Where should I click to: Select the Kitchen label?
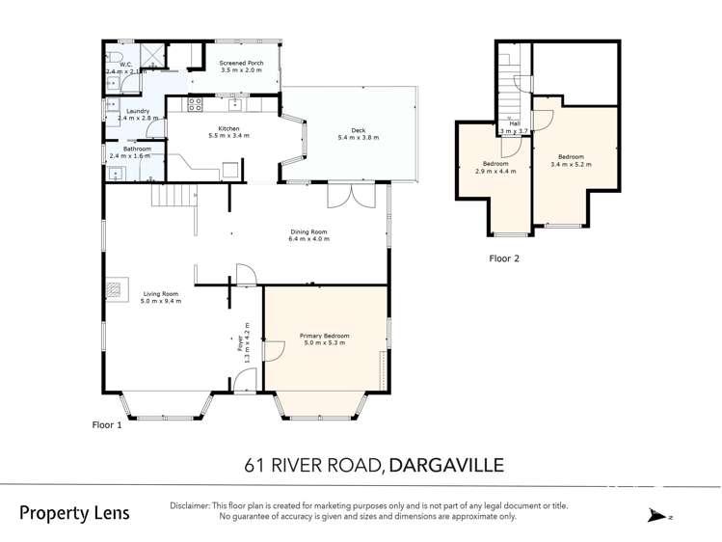pyautogui.click(x=228, y=129)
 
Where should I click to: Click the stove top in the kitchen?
pyautogui.click(x=195, y=104)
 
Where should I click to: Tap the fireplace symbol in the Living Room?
pyautogui.click(x=115, y=287)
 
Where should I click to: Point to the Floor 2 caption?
pyautogui.click(x=504, y=258)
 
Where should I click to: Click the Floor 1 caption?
pyautogui.click(x=106, y=424)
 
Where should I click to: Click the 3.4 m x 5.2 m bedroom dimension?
pyautogui.click(x=570, y=164)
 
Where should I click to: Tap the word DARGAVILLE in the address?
pyautogui.click(x=444, y=466)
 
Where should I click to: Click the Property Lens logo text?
pyautogui.click(x=74, y=513)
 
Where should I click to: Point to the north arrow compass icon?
pyautogui.click(x=659, y=516)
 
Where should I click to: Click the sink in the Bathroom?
pyautogui.click(x=116, y=175)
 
